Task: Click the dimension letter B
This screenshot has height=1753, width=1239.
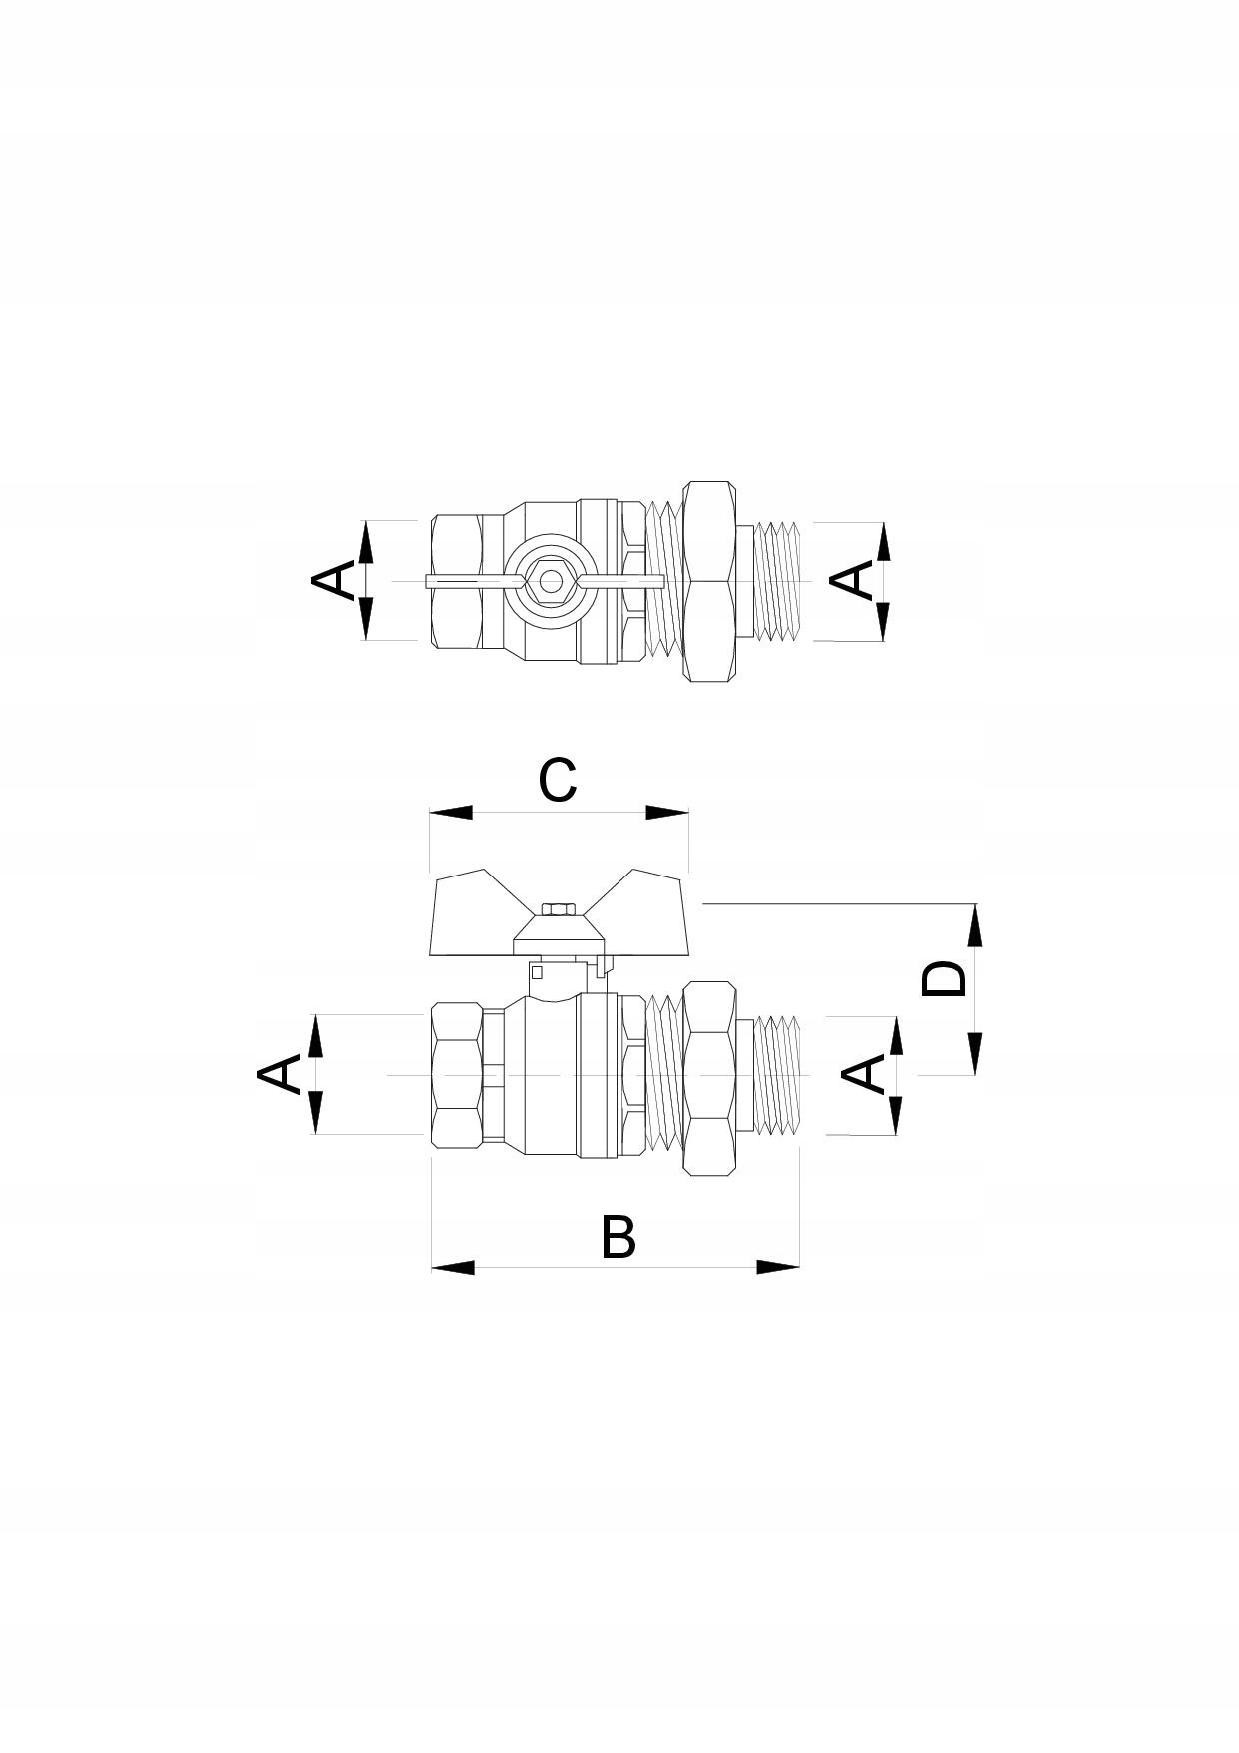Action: tap(619, 1237)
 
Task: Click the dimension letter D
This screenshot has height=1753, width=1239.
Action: tap(944, 978)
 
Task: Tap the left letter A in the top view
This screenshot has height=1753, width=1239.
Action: tap(334, 580)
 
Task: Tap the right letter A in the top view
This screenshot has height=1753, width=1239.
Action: tap(852, 580)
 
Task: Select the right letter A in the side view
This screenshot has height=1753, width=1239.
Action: tap(864, 1074)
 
